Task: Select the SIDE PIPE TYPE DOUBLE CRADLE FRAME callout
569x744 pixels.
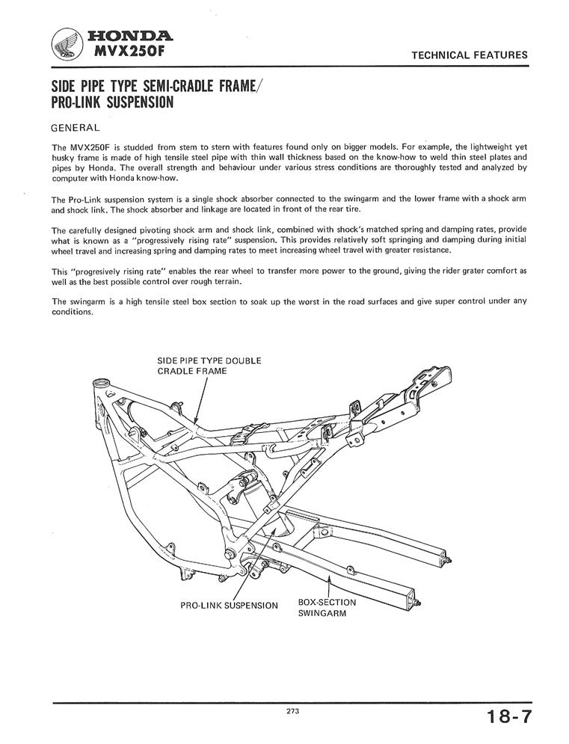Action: [x=209, y=365]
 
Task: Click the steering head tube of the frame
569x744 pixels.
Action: [x=102, y=390]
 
